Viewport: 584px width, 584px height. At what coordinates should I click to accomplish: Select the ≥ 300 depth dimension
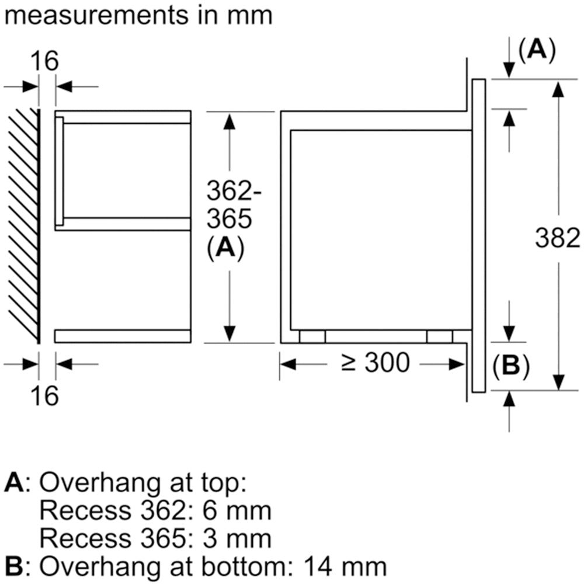pos(376,364)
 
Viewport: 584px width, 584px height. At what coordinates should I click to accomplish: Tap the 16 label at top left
pos(46,61)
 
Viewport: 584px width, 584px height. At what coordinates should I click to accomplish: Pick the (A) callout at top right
pos(536,51)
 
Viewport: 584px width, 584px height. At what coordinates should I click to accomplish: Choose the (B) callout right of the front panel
pos(510,367)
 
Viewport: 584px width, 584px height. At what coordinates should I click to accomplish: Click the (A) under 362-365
pos(225,249)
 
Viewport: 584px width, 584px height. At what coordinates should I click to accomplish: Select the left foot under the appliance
pos(312,336)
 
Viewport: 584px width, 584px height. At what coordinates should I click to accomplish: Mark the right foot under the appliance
pos(439,336)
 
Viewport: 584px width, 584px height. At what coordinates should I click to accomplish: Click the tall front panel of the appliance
pos(478,234)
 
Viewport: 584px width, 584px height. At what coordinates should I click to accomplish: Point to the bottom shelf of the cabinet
pos(123,336)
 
